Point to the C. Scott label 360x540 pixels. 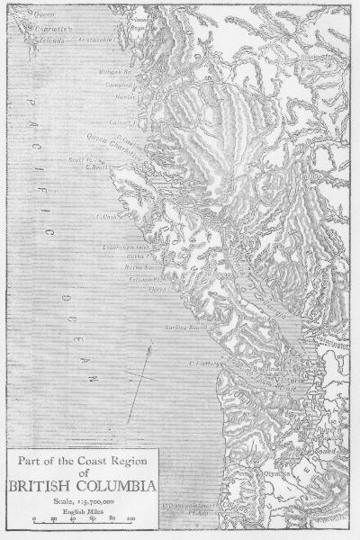(96, 166)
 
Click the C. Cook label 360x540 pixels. (108, 216)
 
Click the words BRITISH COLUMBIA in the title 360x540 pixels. (82, 487)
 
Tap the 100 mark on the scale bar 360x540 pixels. (130, 519)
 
